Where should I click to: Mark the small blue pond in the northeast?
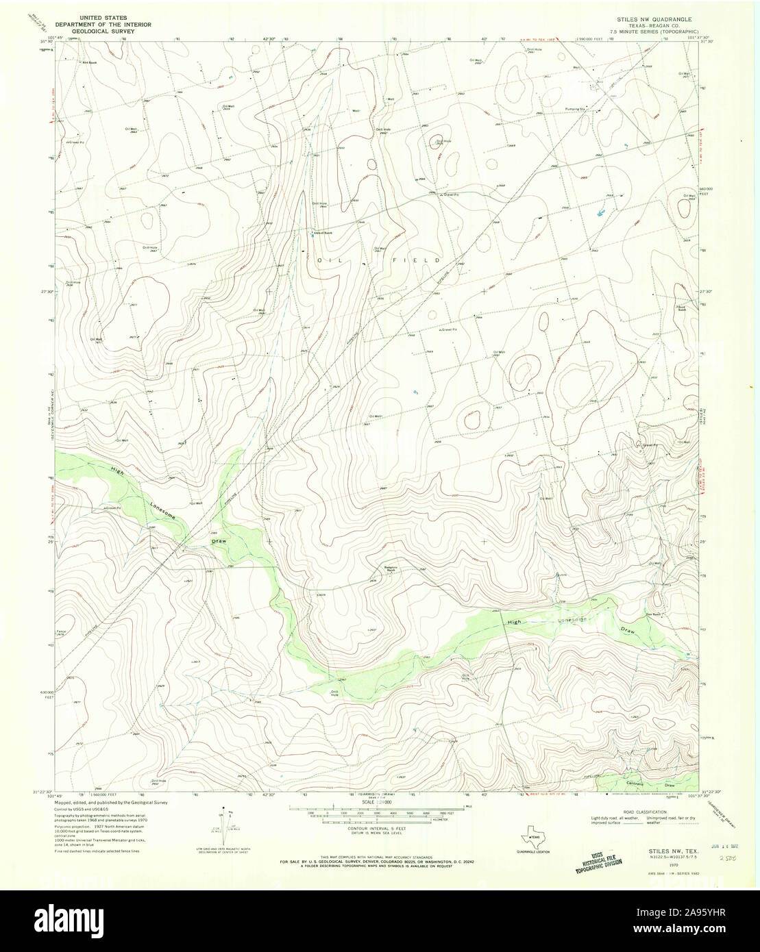click(x=601, y=212)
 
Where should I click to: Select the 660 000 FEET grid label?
click(x=709, y=190)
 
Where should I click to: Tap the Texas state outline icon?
click(x=532, y=838)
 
